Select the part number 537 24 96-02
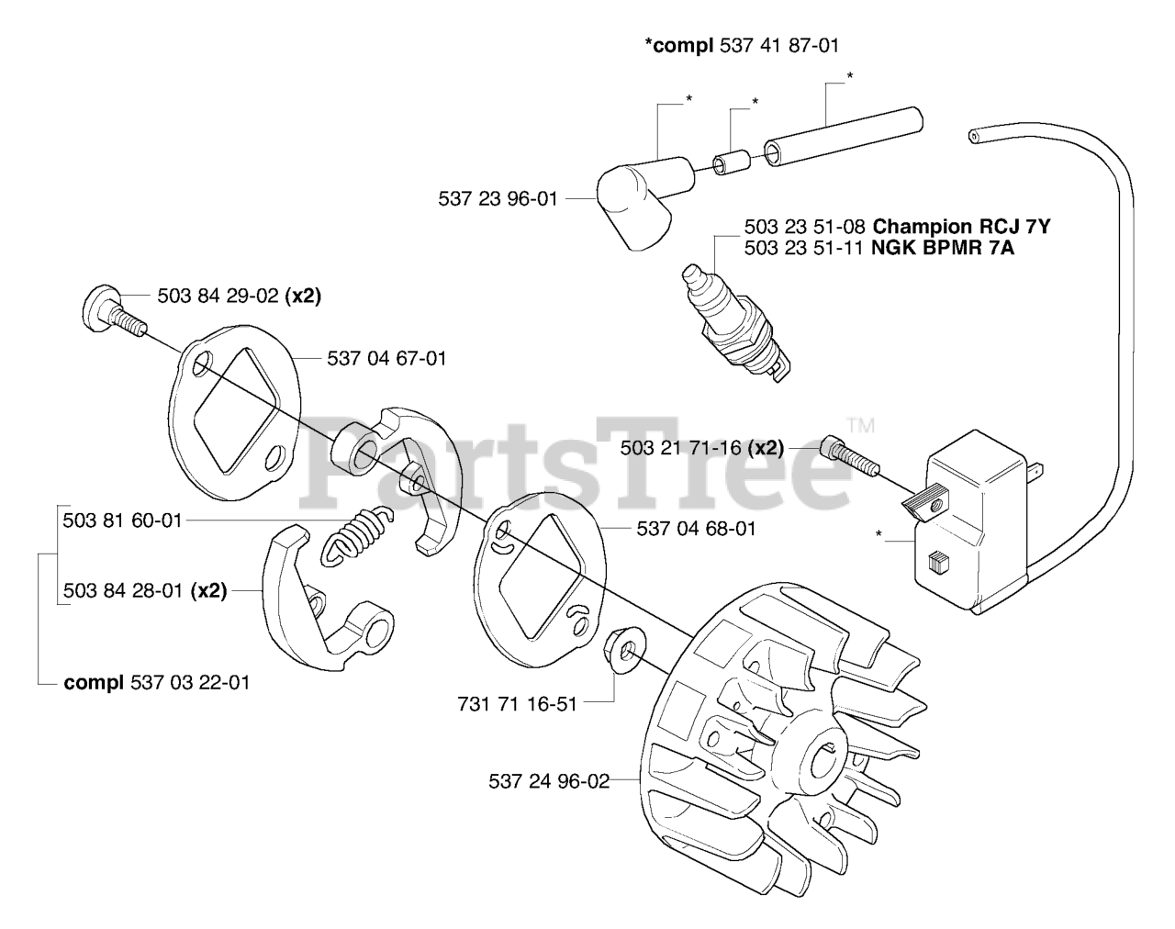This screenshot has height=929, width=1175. (x=549, y=782)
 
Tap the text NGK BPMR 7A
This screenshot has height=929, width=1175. (x=943, y=248)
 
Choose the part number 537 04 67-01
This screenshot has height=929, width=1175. (x=386, y=359)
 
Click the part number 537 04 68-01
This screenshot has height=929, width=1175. (x=696, y=529)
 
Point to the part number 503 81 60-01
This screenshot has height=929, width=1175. (x=123, y=520)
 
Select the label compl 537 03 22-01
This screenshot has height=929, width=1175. (x=156, y=683)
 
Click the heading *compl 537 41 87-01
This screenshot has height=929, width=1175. (x=742, y=45)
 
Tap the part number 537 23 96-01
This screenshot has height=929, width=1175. (x=498, y=197)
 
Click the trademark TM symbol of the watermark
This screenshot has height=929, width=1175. (x=860, y=426)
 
